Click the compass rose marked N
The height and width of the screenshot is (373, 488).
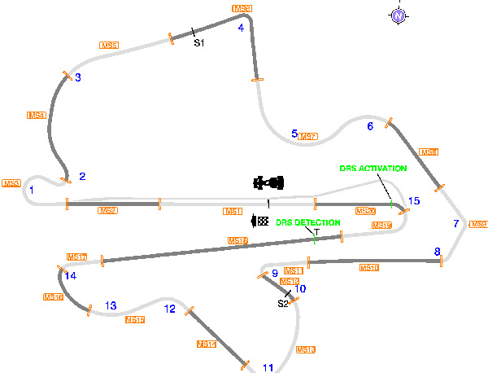point(398,15)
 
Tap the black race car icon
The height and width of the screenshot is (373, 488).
point(269,182)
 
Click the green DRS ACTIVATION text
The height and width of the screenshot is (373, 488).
point(373,169)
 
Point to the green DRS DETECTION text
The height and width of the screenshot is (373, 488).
point(307,222)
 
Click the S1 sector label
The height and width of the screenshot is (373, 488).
point(198,42)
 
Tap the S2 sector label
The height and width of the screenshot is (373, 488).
point(283,304)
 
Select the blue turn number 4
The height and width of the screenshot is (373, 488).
point(241,27)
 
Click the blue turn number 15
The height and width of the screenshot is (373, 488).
point(414,201)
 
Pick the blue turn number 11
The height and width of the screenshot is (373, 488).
point(268,368)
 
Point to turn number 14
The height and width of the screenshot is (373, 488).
point(71,276)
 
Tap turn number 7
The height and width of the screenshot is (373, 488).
point(456,223)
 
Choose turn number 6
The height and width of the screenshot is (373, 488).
point(370,126)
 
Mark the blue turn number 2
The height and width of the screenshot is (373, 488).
point(82,176)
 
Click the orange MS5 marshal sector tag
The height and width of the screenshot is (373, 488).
point(109,46)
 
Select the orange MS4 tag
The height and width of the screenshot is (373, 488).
point(37,116)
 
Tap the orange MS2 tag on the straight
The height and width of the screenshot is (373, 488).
point(107,211)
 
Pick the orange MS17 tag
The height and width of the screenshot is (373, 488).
point(76,257)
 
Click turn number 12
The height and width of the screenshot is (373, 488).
point(169,309)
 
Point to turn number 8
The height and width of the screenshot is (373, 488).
point(437,252)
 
